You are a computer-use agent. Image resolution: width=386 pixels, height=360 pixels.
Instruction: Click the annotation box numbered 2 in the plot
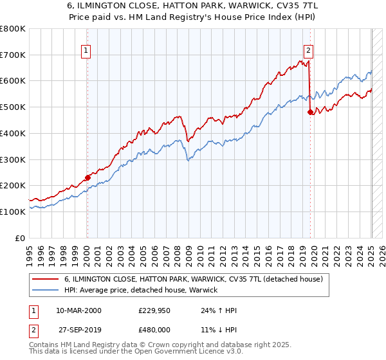[309, 50]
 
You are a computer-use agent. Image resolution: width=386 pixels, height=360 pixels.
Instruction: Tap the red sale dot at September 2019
[311, 112]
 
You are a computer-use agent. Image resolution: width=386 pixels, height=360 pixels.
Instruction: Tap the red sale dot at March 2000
[88, 178]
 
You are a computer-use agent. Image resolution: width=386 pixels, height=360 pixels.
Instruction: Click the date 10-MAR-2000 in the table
[78, 310]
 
